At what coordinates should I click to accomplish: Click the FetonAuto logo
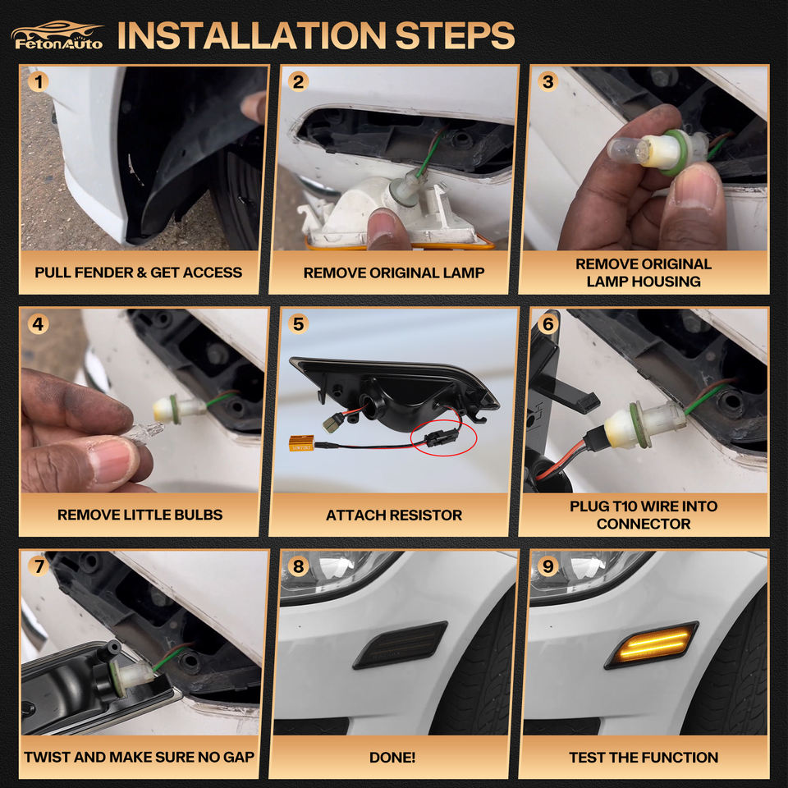[x=57, y=35]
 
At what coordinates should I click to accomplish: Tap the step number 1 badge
[x=39, y=81]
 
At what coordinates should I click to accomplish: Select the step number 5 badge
[x=298, y=323]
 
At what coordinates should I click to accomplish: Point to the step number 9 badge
[x=547, y=566]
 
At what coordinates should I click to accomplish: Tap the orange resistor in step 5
[x=301, y=442]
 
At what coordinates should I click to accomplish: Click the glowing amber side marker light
[x=651, y=645]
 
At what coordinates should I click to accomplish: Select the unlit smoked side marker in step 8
[x=401, y=645]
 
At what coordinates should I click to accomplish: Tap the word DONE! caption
[x=392, y=758]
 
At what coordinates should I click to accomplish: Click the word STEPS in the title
[x=455, y=35]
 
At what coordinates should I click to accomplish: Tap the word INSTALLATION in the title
[x=252, y=35]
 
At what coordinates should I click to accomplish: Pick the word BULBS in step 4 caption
[x=199, y=515]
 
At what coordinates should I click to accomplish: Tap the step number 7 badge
[x=39, y=566]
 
